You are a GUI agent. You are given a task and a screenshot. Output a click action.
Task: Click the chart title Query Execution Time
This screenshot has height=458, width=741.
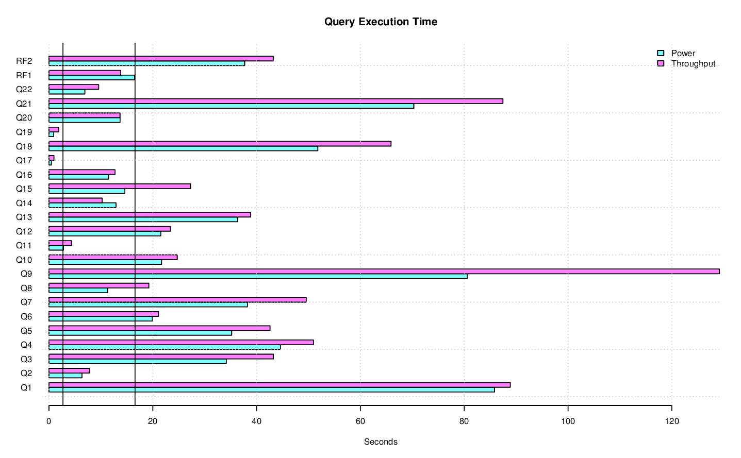[x=381, y=22]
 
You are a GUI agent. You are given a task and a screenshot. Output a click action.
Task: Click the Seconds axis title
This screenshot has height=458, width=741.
[x=381, y=442]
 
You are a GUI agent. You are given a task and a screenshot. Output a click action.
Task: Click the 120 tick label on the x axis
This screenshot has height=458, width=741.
[x=671, y=421]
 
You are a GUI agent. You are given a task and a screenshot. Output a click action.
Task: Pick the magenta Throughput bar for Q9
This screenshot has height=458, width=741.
[x=384, y=272]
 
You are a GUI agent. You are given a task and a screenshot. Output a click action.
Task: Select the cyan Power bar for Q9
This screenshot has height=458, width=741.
[x=258, y=276]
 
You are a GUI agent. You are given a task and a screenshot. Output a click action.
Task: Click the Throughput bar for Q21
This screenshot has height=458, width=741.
[x=276, y=101]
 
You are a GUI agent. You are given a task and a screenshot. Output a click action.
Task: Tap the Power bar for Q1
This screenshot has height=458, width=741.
[x=272, y=389]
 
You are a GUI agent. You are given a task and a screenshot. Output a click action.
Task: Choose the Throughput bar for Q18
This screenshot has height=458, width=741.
[x=220, y=144]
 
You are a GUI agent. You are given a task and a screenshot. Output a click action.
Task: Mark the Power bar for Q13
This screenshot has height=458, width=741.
[x=143, y=219]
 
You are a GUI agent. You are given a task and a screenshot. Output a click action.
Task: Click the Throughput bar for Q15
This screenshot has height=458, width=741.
[x=120, y=186]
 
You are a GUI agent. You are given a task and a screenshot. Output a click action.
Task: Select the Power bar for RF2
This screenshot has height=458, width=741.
[x=147, y=63]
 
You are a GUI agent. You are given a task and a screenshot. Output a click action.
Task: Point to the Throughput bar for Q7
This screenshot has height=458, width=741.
[x=177, y=300]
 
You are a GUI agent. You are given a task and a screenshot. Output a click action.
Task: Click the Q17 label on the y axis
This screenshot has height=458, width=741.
[x=24, y=160]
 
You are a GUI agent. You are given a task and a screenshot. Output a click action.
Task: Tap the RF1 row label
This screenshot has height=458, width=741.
[x=24, y=75]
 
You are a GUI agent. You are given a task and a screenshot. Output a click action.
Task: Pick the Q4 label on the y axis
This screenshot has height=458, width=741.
[x=26, y=345]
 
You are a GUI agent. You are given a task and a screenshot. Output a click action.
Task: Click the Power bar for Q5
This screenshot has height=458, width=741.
[x=140, y=333]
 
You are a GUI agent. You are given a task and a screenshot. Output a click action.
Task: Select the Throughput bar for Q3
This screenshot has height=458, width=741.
[x=161, y=357]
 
